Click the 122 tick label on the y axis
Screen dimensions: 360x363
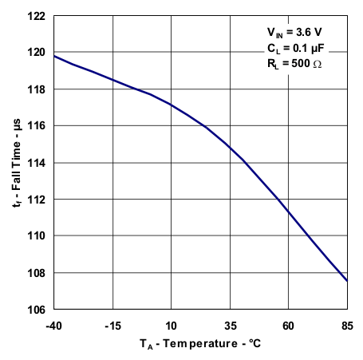[38, 16]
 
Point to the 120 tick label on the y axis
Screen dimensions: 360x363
[38, 53]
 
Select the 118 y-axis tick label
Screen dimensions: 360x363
[38, 89]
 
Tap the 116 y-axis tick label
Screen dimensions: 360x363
[38, 126]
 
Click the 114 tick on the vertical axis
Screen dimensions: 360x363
[38, 163]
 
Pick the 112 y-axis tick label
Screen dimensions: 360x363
[38, 200]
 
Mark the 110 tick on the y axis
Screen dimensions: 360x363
[38, 236]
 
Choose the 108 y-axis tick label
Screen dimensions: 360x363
[38, 273]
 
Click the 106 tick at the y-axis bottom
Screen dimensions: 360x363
[38, 310]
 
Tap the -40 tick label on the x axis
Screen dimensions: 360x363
[54, 325]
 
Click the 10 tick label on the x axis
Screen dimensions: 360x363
[172, 325]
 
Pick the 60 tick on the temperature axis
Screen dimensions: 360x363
[289, 325]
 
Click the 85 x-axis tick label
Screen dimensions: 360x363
[347, 325]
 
